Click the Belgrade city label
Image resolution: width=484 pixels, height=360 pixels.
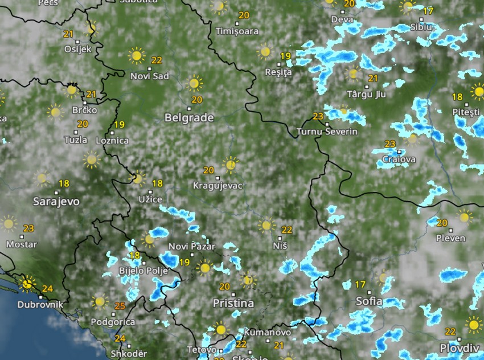click(189, 118)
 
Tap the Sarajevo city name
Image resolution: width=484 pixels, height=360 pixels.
click(56, 201)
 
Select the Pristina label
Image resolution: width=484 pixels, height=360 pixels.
click(233, 303)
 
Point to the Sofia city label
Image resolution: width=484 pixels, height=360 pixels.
click(368, 301)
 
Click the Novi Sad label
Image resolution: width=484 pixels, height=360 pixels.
click(150, 76)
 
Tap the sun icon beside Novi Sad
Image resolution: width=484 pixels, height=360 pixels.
click(137, 56)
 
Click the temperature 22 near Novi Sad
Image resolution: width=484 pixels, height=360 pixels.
click(157, 60)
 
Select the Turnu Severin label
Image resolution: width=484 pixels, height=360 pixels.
click(327, 132)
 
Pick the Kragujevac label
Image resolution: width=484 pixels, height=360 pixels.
click(218, 186)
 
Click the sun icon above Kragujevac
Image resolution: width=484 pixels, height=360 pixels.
click(230, 165)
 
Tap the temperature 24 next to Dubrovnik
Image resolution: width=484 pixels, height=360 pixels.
click(47, 289)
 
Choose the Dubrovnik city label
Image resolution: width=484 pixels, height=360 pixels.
click(40, 304)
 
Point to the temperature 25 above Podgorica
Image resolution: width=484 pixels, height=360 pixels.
click(120, 306)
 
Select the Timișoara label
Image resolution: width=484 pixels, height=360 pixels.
click(237, 31)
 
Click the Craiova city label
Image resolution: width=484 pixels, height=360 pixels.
click(399, 159)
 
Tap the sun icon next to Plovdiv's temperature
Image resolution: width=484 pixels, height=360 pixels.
click(473, 325)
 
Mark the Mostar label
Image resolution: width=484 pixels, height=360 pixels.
click(21, 244)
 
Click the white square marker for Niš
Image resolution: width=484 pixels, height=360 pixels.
click(280, 238)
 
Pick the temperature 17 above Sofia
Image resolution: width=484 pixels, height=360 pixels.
click(360, 284)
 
